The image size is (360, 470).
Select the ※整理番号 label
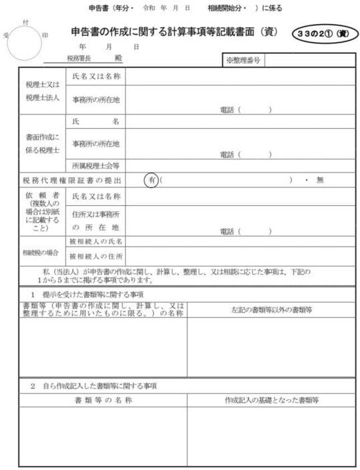click(x=243, y=60)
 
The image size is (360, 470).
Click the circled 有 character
click(x=152, y=180)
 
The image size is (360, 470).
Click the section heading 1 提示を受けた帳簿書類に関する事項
click(x=90, y=294)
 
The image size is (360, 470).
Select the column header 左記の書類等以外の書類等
click(x=272, y=309)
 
